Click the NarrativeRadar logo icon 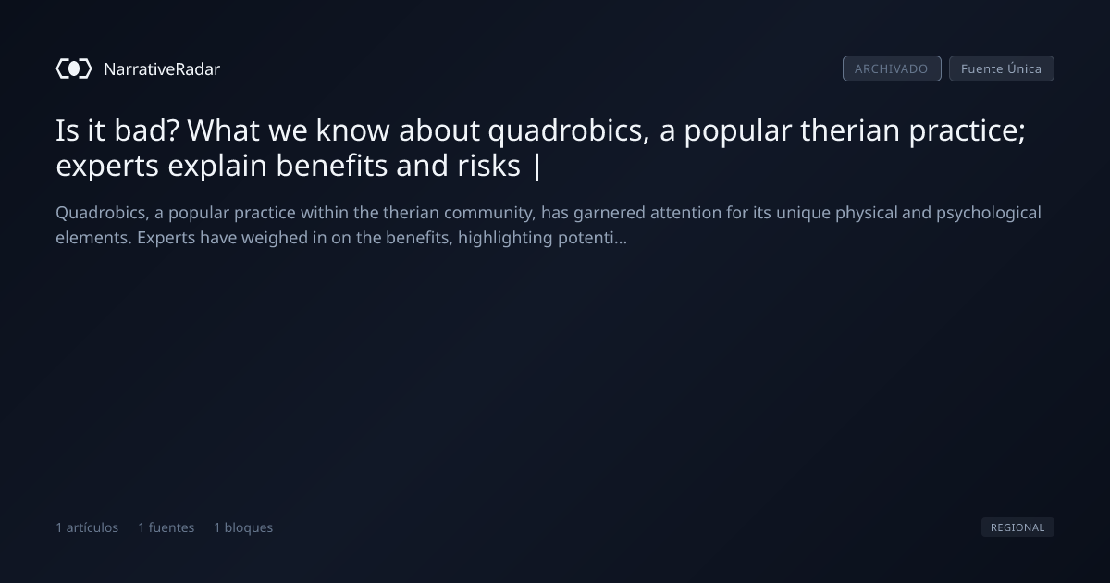click(74, 68)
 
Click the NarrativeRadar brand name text click(162, 68)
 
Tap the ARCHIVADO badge click(892, 68)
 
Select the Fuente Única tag click(1002, 68)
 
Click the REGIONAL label click(1017, 527)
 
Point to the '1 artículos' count click(87, 527)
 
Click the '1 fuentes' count click(166, 527)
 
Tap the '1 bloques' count click(243, 527)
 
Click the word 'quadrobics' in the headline click(568, 131)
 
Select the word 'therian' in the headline click(850, 130)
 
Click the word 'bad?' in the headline click(146, 130)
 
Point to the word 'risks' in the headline click(488, 165)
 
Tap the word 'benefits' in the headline click(331, 165)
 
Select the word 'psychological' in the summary click(989, 214)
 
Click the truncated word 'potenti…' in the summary click(592, 239)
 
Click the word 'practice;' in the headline click(967, 131)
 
